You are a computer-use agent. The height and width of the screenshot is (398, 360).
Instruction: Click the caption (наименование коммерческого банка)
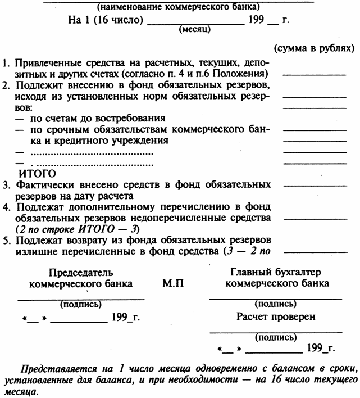click(178, 8)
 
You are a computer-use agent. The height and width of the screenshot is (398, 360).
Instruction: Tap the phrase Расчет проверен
click(275, 316)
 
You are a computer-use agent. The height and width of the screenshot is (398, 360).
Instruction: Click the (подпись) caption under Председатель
click(80, 305)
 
